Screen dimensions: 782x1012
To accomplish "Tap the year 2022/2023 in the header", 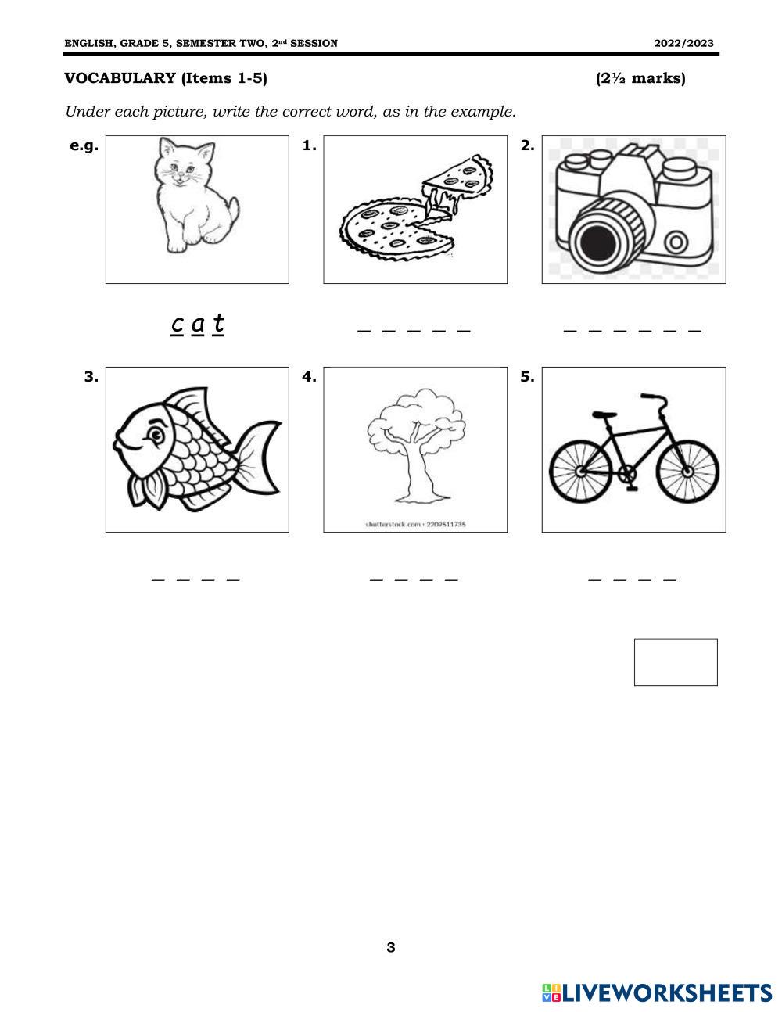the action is click(x=683, y=43).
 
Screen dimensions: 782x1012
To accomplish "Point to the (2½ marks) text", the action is click(x=640, y=78).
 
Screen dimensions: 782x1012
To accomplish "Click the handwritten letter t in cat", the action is click(x=218, y=323).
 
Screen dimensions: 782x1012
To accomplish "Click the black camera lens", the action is click(x=600, y=242).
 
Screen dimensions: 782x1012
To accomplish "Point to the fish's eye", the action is click(x=155, y=436).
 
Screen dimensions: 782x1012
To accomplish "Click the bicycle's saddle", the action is click(x=604, y=414).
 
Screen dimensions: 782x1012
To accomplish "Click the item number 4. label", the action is click(x=309, y=376).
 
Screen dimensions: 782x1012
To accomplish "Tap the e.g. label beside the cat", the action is click(x=84, y=146).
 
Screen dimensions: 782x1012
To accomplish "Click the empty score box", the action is click(x=676, y=662).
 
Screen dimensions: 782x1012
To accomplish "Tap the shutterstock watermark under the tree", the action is click(x=415, y=524).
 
